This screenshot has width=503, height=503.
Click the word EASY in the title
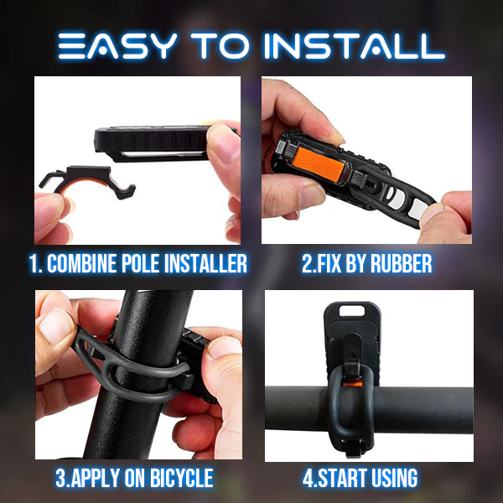117,46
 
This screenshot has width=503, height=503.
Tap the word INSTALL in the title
354,46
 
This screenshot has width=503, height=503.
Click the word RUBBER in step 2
401,264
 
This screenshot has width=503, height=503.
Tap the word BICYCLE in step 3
181,478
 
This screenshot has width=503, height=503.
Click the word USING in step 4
395,478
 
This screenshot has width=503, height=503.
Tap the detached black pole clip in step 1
87,181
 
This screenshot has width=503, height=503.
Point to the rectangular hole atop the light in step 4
352,310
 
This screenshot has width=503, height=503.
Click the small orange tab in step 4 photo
352,384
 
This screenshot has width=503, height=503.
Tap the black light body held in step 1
153,143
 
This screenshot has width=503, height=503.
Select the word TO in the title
220,46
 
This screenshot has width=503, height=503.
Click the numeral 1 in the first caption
33,264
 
